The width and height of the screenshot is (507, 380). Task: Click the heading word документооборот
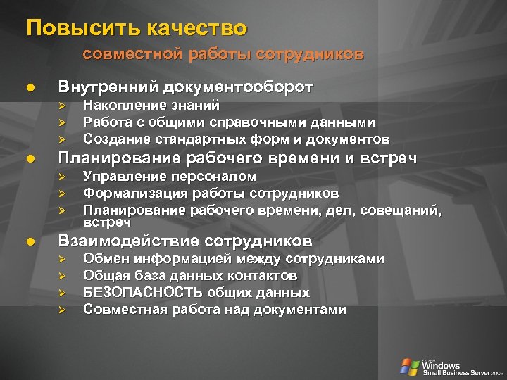238,87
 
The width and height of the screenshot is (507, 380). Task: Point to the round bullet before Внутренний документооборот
30,89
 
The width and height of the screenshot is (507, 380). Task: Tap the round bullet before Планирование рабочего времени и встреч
30,158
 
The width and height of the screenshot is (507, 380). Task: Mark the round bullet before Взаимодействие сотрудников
30,242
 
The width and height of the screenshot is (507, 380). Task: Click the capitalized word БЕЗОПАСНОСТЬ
143,292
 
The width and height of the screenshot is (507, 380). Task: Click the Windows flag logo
409,366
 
